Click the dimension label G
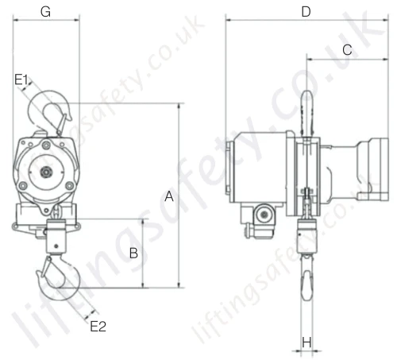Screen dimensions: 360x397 pos(45,12)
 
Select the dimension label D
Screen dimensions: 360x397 pos(306,12)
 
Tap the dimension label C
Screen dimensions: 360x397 pos(347,49)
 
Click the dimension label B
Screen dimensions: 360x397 pos(134,254)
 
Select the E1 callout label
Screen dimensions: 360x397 pos(21,79)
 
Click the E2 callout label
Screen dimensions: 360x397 pos(98,326)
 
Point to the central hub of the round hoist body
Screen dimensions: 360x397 pos(47,172)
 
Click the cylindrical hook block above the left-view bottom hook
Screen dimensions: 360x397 pos(57,240)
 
